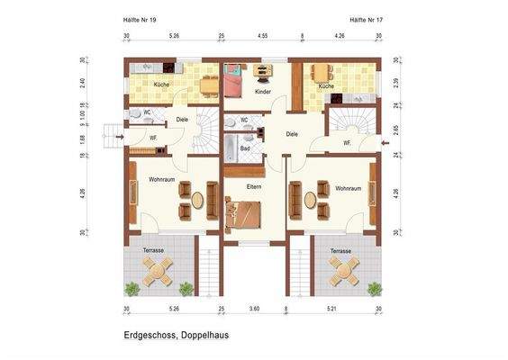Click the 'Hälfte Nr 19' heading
click(x=141, y=18)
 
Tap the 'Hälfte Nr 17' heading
click(x=367, y=18)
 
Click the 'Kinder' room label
click(x=262, y=92)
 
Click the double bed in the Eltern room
click(x=243, y=214)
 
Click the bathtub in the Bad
click(x=241, y=142)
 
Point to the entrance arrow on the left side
click(x=113, y=137)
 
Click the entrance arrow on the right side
click(x=385, y=141)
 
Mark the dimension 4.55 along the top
click(x=262, y=36)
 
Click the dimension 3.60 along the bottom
click(x=255, y=309)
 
